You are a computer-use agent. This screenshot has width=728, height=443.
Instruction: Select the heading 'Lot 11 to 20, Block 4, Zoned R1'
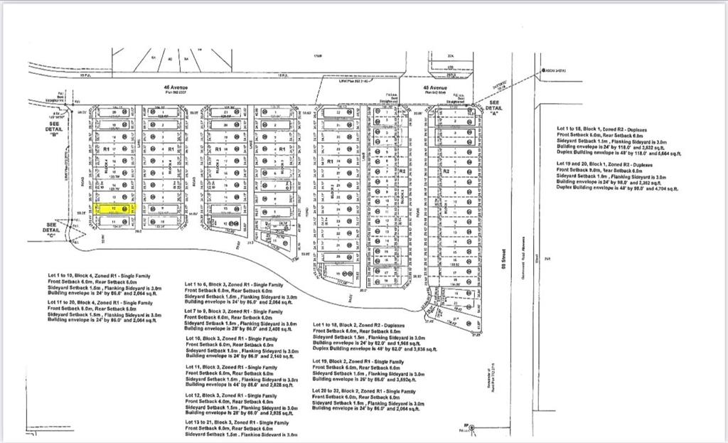click(100, 302)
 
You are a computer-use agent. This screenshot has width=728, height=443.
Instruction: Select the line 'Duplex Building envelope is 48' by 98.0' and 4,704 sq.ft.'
click(618, 188)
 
